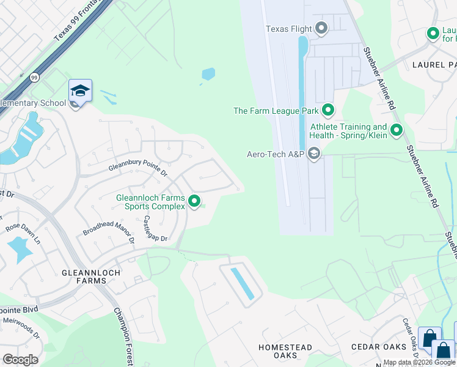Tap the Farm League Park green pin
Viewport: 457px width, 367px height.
(x=328, y=111)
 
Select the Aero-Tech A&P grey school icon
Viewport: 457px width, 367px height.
(x=314, y=154)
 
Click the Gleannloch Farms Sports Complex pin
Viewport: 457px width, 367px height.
(x=195, y=201)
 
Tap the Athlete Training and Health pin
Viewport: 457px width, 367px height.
(x=397, y=130)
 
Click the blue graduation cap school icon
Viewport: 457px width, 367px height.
(x=80, y=91)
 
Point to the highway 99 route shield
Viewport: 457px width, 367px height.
(x=34, y=78)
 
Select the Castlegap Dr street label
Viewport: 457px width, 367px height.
(x=155, y=228)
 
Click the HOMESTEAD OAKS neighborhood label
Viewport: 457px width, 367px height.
(x=285, y=351)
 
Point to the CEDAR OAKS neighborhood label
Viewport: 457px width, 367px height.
(x=379, y=347)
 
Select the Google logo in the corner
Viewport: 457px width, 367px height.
(x=20, y=359)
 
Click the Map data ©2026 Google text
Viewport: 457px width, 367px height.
(x=419, y=363)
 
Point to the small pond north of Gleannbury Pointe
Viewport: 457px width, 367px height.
(x=208, y=75)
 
